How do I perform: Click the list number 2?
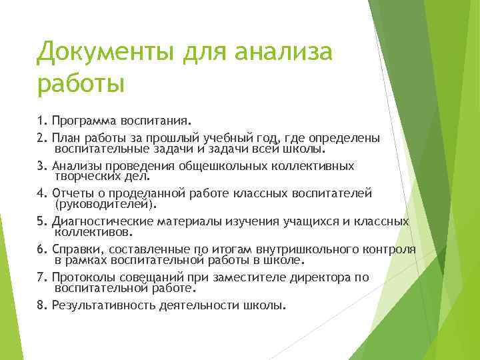pyautogui.click(x=41, y=138)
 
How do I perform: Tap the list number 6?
pyautogui.click(x=41, y=249)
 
